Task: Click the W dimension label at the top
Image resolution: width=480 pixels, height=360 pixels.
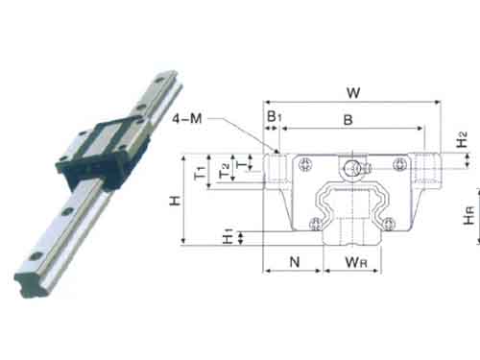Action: click(353, 93)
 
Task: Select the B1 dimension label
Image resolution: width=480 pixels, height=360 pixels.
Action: click(275, 116)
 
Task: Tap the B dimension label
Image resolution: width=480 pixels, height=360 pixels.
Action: click(348, 120)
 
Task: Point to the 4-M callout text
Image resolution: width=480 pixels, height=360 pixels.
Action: click(187, 119)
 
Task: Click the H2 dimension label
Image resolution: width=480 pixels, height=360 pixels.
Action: click(462, 139)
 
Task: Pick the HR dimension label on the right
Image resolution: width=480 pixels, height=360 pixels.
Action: click(469, 216)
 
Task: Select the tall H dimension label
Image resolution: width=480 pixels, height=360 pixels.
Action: click(175, 201)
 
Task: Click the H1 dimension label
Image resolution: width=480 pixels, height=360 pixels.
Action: click(228, 236)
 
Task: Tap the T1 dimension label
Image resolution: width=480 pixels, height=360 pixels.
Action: click(200, 172)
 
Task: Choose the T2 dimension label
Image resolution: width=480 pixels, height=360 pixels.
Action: click(225, 171)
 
